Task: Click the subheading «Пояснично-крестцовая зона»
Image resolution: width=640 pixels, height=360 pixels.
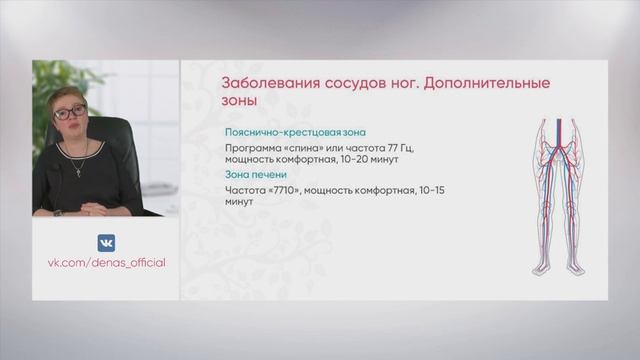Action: [x=296, y=132]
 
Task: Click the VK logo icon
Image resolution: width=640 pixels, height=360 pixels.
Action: [x=105, y=243]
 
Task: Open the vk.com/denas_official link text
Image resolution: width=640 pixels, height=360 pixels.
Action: [x=106, y=262]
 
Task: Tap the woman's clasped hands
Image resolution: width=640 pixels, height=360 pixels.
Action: [x=90, y=209]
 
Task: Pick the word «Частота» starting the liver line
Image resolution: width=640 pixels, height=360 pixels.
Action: [x=247, y=189]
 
